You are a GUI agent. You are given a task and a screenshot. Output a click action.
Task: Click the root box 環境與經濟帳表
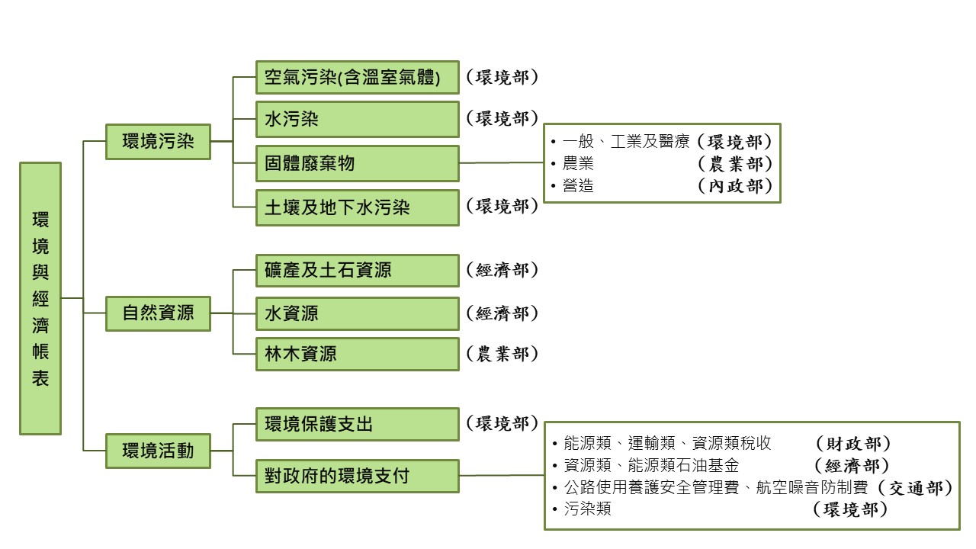pyautogui.click(x=40, y=298)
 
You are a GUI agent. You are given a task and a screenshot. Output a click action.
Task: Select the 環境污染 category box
pyautogui.click(x=158, y=142)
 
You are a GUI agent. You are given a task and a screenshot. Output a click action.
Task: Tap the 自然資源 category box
pyautogui.click(x=158, y=313)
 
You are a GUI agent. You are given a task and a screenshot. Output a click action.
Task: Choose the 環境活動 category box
pyautogui.click(x=158, y=451)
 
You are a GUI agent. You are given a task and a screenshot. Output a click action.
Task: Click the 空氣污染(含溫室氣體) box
pyautogui.click(x=357, y=78)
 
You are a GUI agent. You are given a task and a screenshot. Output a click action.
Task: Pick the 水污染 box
pyautogui.click(x=357, y=120)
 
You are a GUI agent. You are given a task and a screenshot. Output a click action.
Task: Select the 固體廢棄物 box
pyautogui.click(x=357, y=163)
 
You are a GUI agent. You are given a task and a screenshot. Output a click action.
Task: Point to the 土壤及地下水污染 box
pyautogui.click(x=357, y=207)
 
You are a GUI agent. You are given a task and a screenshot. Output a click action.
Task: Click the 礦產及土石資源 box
pyautogui.click(x=357, y=271)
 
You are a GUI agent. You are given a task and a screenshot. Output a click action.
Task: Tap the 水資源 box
pyautogui.click(x=357, y=313)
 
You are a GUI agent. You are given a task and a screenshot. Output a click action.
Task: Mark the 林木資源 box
pyautogui.click(x=357, y=354)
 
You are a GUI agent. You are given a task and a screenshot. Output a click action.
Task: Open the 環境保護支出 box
pyautogui.click(x=357, y=424)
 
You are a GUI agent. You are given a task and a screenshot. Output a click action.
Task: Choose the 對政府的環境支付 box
pyautogui.click(x=357, y=477)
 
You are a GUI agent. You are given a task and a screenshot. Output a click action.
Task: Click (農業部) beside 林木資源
pyautogui.click(x=502, y=354)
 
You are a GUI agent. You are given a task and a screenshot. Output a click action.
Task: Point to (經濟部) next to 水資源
pyautogui.click(x=502, y=313)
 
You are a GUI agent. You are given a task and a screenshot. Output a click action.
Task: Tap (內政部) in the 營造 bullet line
pyautogui.click(x=735, y=186)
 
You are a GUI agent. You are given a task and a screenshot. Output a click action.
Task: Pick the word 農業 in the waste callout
pyautogui.click(x=578, y=164)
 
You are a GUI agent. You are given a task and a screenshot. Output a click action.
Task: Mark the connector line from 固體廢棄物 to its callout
pyautogui.click(x=502, y=162)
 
